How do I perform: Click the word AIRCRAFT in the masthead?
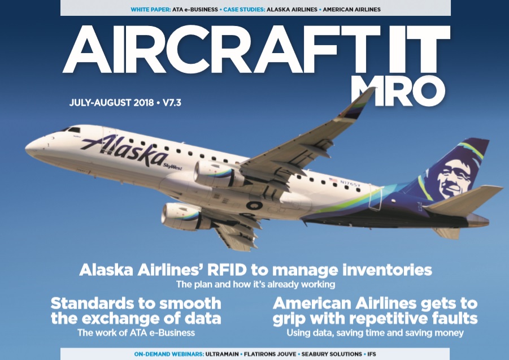click(x=221, y=49)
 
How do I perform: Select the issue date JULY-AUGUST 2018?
click(x=111, y=103)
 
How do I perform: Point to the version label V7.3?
click(x=172, y=103)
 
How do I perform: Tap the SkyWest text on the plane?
click(x=172, y=167)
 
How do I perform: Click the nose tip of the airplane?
click(x=26, y=148)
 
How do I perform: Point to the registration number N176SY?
click(x=350, y=184)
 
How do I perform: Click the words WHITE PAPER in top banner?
click(x=151, y=10)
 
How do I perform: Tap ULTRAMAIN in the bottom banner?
click(x=222, y=354)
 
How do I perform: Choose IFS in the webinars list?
click(x=372, y=354)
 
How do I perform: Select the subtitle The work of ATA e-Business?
click(x=136, y=333)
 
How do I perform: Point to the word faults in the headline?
click(x=453, y=318)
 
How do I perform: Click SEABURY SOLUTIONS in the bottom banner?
click(x=332, y=354)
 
